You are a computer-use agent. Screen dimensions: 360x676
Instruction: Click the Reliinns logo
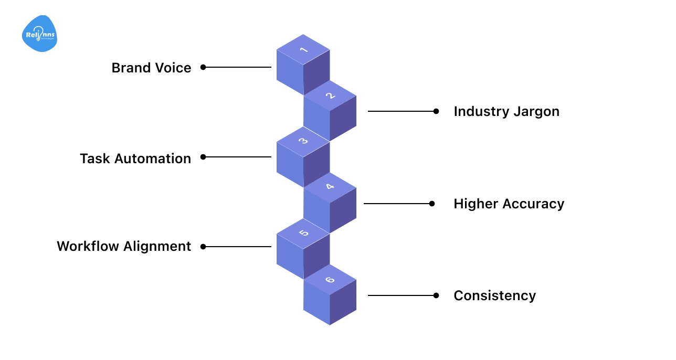(x=39, y=34)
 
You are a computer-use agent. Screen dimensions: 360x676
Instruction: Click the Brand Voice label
(x=151, y=68)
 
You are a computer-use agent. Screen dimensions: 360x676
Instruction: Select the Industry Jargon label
(x=506, y=111)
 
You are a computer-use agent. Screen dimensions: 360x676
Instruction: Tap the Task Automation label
(x=135, y=158)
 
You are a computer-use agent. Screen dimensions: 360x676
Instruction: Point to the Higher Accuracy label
(x=509, y=204)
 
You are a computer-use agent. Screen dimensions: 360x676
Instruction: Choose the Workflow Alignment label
(x=124, y=246)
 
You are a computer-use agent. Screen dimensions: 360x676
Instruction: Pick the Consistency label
(x=494, y=295)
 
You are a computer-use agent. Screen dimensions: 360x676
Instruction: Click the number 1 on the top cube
(x=303, y=50)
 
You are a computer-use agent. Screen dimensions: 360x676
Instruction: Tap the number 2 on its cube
(x=330, y=96)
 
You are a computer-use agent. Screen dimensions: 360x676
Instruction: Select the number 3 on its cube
(x=303, y=141)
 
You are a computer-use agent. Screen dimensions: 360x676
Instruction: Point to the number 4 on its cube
(x=330, y=187)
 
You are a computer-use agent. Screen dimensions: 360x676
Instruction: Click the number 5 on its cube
(x=303, y=233)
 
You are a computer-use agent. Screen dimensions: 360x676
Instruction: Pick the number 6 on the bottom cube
(x=330, y=279)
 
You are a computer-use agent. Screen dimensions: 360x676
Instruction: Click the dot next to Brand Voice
(x=203, y=67)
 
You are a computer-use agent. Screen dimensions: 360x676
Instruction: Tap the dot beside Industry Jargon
(x=436, y=111)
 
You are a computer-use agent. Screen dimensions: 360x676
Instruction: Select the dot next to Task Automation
(x=203, y=157)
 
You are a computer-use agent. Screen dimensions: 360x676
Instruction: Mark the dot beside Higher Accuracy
(x=432, y=204)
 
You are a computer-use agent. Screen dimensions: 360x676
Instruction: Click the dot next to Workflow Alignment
(x=203, y=247)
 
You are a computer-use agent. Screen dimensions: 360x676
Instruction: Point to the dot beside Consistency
(x=436, y=295)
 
